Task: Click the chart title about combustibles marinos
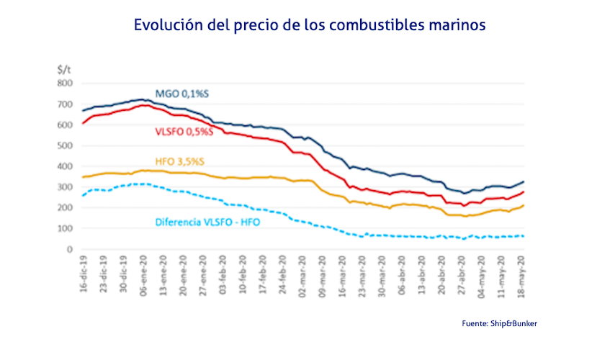point(310,24)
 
